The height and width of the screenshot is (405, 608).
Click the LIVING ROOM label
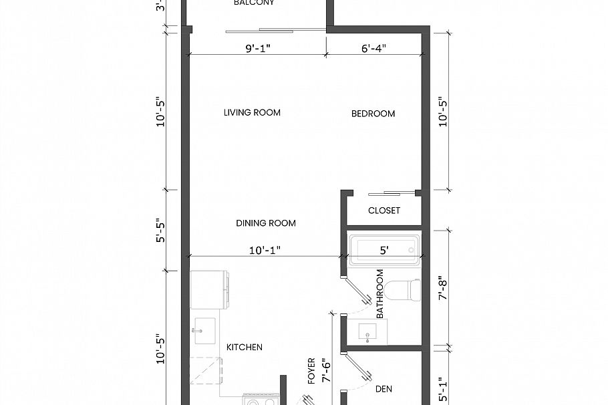pyautogui.click(x=252, y=112)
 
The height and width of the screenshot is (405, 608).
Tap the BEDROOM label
pyautogui.click(x=373, y=114)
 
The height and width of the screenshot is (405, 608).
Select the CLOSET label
pyautogui.click(x=384, y=211)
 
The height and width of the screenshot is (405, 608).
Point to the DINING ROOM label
pyautogui.click(x=265, y=223)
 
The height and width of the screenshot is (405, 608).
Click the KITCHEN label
pyautogui.click(x=244, y=347)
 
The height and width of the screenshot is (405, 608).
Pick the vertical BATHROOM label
pyautogui.click(x=379, y=293)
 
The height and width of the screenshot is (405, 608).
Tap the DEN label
pyautogui.click(x=384, y=388)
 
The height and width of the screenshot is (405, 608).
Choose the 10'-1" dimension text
pyautogui.click(x=265, y=250)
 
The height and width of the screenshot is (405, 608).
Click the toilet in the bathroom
pyautogui.click(x=405, y=290)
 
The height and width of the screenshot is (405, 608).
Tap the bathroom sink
pyautogui.click(x=367, y=330)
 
